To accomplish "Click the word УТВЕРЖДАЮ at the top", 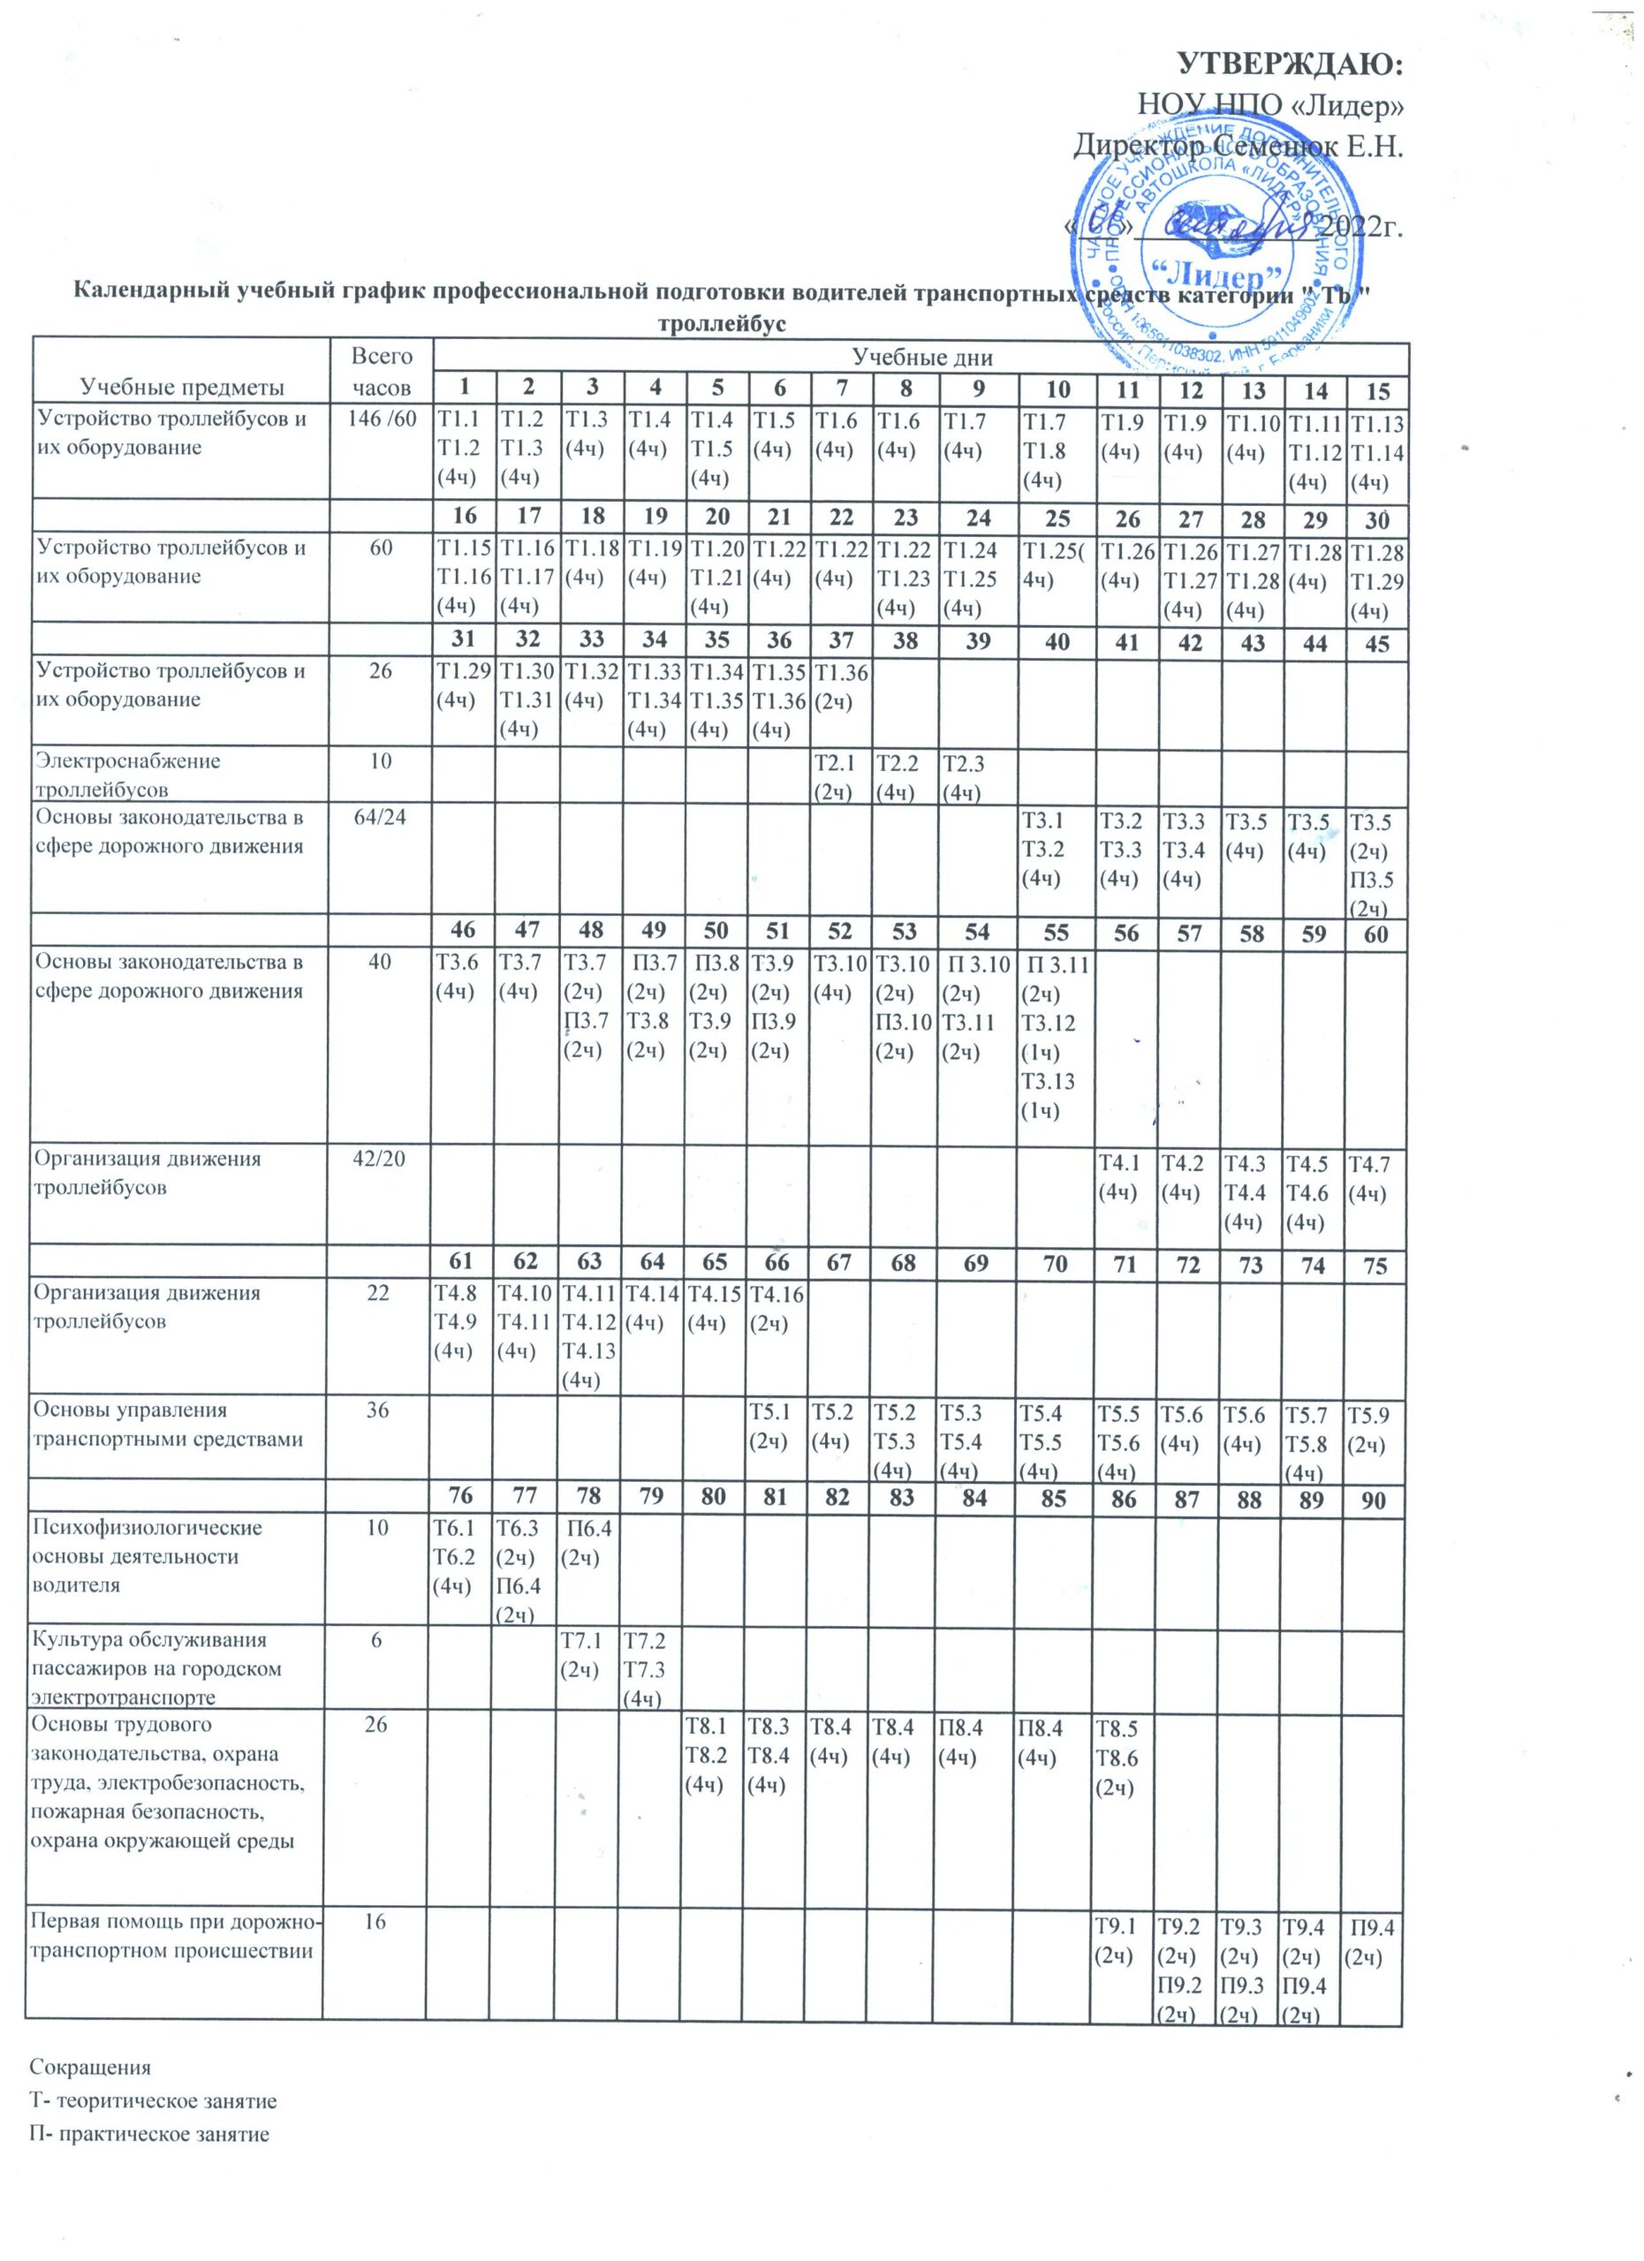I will (1291, 64).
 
